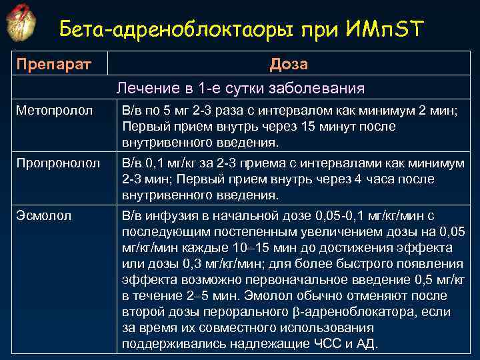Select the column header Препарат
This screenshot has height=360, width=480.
(x=53, y=64)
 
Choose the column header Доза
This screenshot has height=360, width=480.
(x=289, y=64)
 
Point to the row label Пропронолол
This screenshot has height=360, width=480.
(x=59, y=162)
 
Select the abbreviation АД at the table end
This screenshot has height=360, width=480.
(x=366, y=344)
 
